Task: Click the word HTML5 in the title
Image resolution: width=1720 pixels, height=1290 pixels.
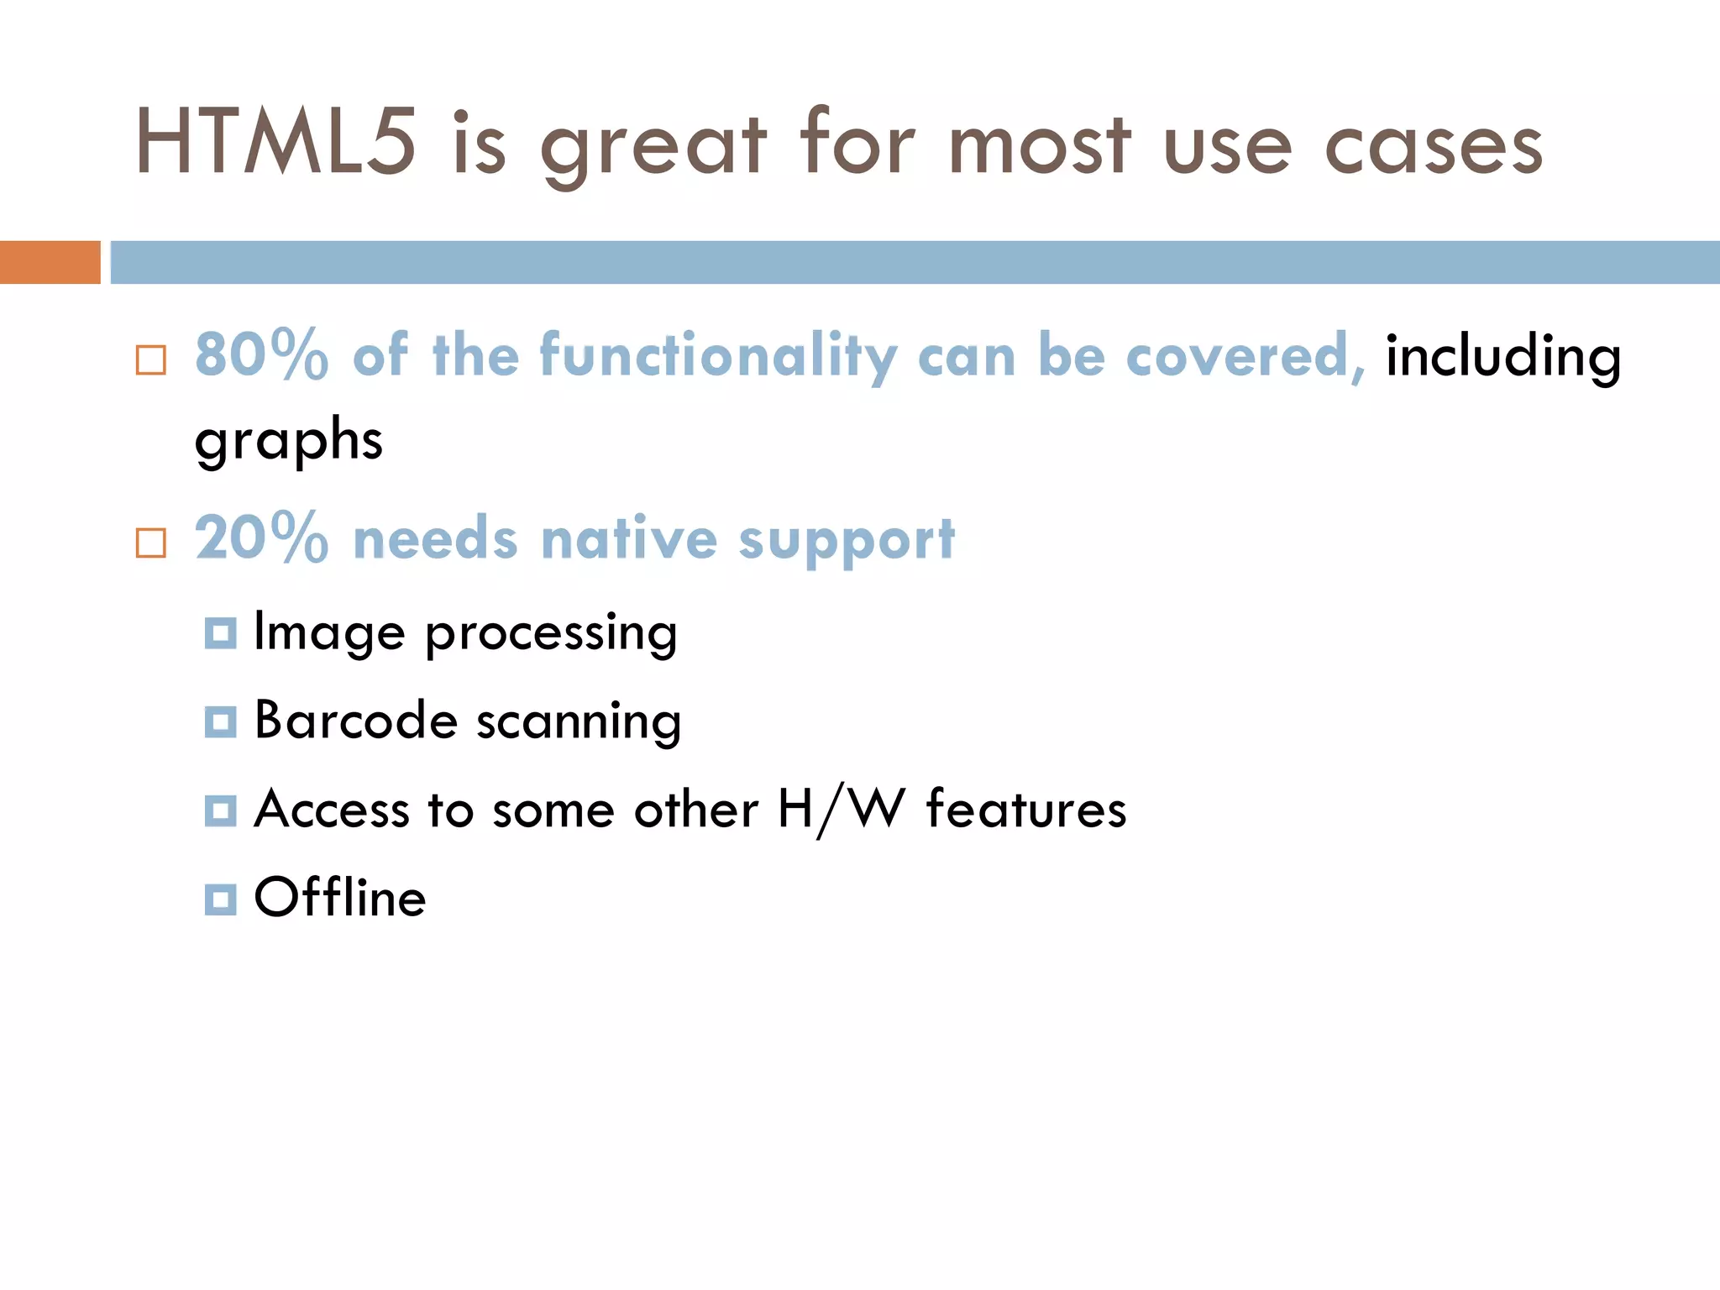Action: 275,143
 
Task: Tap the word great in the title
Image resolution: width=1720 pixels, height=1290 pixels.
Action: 653,147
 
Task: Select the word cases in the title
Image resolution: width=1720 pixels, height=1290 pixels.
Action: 1434,147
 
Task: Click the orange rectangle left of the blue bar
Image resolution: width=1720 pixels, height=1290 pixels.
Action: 50,262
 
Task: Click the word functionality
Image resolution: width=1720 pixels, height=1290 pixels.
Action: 718,355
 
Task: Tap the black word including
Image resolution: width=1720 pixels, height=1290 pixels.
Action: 1502,355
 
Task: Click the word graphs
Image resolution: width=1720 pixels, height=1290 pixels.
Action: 288,439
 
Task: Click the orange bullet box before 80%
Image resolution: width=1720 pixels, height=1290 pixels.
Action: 151,360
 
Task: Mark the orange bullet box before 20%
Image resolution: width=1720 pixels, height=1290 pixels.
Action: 151,543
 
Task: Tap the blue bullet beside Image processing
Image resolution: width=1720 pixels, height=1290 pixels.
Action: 220,633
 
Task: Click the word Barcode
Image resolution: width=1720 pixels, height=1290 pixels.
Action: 355,720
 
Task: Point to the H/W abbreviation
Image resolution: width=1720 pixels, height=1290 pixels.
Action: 842,810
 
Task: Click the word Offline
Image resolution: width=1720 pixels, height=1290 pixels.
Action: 340,897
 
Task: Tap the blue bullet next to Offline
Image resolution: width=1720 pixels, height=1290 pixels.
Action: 220,899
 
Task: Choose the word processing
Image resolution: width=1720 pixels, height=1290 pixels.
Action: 551,633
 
